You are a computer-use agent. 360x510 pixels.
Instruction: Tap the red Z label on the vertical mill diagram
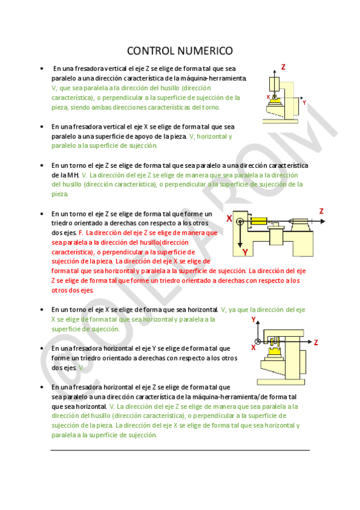(283, 67)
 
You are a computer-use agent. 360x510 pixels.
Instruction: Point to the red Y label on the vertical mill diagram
(304, 103)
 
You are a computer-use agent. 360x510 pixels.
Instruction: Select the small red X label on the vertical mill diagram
(268, 96)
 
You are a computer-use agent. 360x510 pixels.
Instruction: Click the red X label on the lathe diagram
(229, 220)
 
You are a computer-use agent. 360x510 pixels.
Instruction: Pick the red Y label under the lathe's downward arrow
(245, 251)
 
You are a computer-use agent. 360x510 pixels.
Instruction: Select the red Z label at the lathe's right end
(321, 211)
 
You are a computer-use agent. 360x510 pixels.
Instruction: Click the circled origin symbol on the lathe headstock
(240, 221)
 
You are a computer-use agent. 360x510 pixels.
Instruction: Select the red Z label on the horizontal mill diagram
(316, 342)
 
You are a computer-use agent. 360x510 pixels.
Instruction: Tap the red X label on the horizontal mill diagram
(253, 348)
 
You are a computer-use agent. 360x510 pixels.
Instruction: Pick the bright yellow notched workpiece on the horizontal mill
(276, 351)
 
